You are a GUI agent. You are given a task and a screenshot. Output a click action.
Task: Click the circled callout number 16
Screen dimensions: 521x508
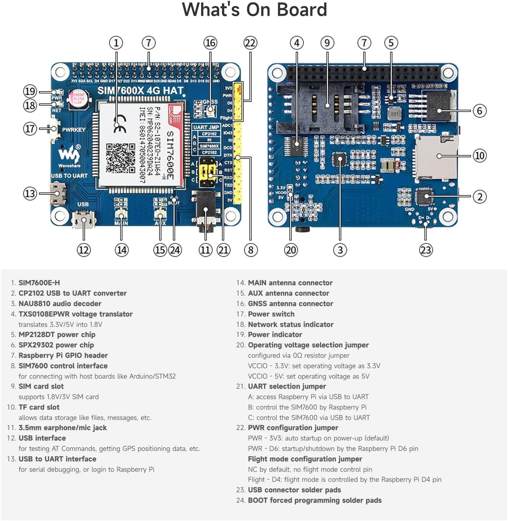[210, 43]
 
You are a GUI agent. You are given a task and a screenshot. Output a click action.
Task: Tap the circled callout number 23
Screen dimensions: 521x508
[426, 250]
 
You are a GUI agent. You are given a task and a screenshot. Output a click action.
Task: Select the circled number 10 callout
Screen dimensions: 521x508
[480, 156]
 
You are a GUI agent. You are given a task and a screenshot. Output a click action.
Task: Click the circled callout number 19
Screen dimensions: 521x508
[30, 91]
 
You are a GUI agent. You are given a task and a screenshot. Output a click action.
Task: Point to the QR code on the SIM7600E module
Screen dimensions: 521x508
[121, 158]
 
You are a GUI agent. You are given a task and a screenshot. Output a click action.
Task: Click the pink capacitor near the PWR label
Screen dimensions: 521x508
[78, 98]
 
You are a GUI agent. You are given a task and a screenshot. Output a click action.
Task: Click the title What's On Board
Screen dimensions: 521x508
[254, 10]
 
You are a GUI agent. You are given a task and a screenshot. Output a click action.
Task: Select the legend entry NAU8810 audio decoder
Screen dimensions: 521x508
[60, 303]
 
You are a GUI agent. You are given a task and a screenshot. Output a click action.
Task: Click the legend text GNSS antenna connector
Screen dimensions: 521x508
[290, 303]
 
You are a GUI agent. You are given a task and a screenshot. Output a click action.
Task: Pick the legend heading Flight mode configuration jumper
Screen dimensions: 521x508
[305, 459]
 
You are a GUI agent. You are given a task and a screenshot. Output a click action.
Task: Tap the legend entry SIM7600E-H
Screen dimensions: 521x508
[39, 283]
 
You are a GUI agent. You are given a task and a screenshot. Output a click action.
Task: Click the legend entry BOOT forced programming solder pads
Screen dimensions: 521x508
[314, 500]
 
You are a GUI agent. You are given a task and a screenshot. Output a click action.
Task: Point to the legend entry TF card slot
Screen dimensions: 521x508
[39, 407]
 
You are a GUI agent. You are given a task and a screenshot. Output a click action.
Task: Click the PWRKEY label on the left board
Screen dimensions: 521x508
[74, 129]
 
